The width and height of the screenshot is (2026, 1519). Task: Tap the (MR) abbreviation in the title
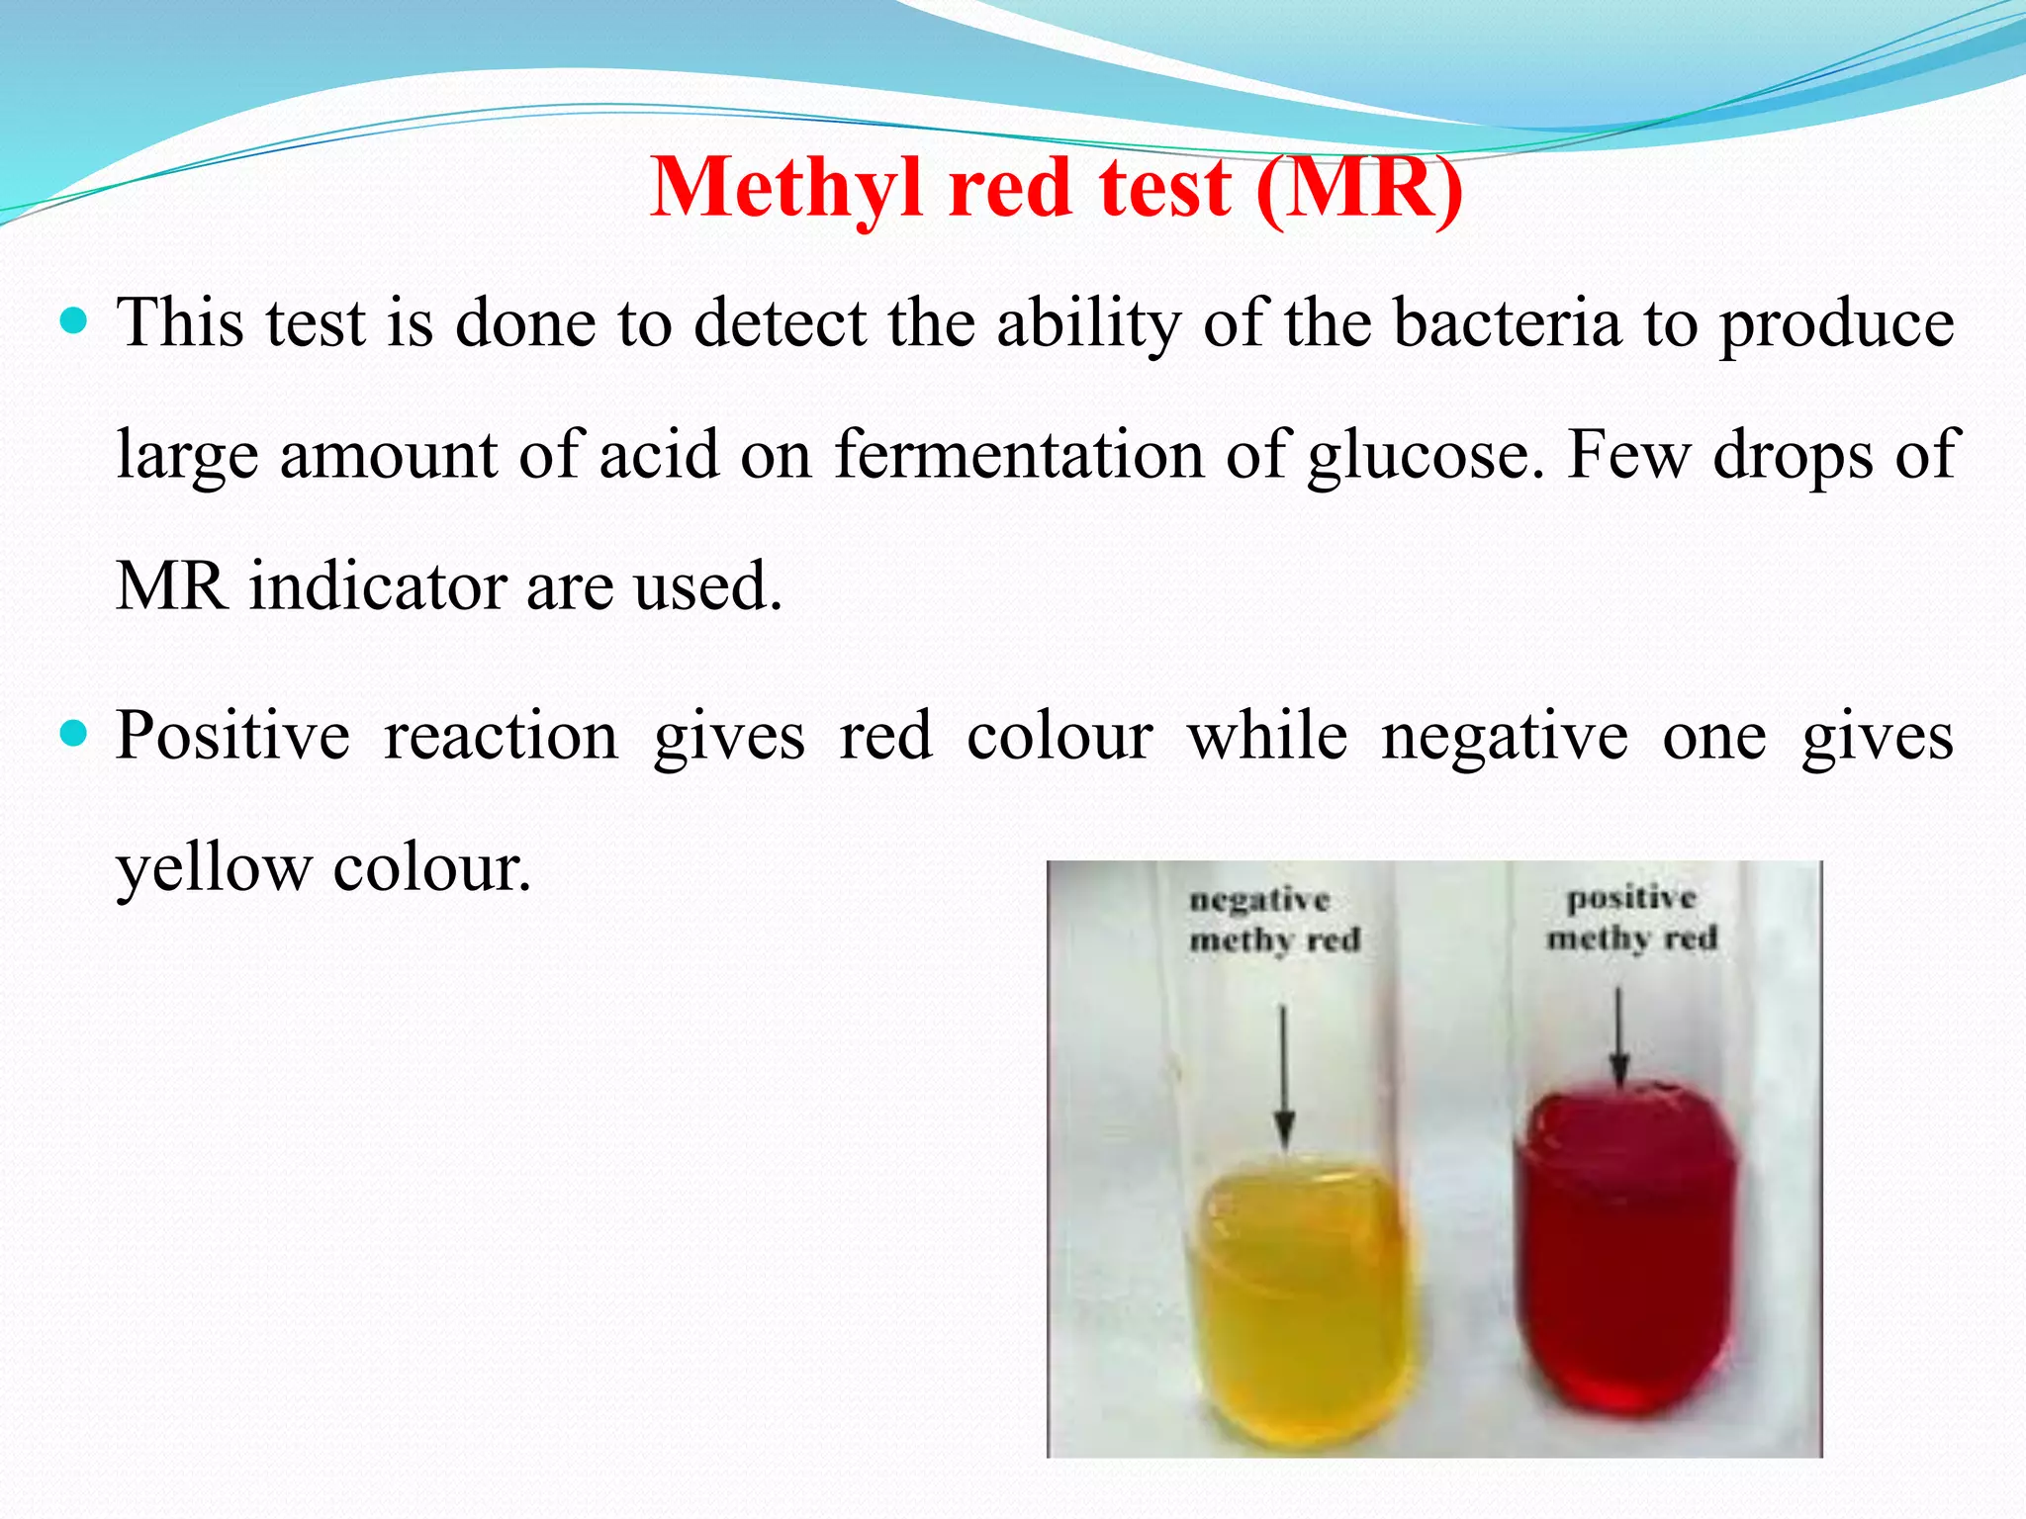coord(1359,188)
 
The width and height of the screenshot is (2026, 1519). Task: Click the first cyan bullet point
coord(74,321)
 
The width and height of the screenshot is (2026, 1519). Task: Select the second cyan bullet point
coord(74,735)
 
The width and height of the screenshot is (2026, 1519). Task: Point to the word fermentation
coord(1019,455)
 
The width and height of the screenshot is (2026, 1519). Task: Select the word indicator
coord(376,585)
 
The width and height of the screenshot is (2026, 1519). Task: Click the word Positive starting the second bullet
coord(232,737)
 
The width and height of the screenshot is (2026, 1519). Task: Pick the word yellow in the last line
coord(213,868)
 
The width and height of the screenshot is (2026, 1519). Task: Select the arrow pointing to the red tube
coord(1618,1038)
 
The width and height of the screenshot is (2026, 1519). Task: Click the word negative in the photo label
coord(1259,900)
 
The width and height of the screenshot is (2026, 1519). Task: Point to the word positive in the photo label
coord(1631,898)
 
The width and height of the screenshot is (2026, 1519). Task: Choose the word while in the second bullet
coord(1267,737)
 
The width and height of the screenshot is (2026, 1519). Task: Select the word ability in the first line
coord(1088,323)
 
